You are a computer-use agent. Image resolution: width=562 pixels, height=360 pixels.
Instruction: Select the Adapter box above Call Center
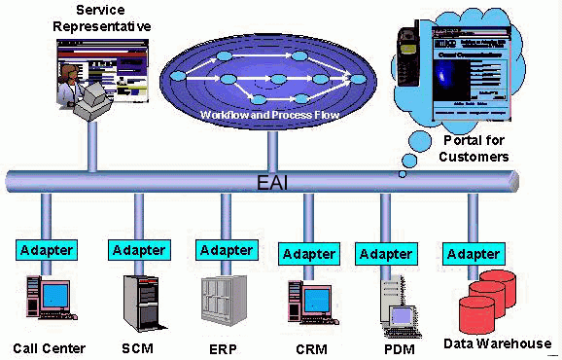point(47,249)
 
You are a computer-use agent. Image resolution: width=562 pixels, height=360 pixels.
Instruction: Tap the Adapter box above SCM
point(139,249)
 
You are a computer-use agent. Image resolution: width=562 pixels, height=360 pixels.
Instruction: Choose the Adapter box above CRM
point(310,254)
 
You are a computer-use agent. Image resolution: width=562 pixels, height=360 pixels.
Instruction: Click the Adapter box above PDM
point(386,254)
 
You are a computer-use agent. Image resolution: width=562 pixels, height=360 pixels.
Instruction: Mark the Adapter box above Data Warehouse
point(474,254)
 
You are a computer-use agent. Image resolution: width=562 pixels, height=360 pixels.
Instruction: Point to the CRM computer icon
point(309,303)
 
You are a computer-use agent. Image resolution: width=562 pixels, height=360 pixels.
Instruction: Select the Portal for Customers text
point(475,149)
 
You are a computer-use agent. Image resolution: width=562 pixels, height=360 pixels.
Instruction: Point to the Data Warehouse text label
point(497,343)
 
